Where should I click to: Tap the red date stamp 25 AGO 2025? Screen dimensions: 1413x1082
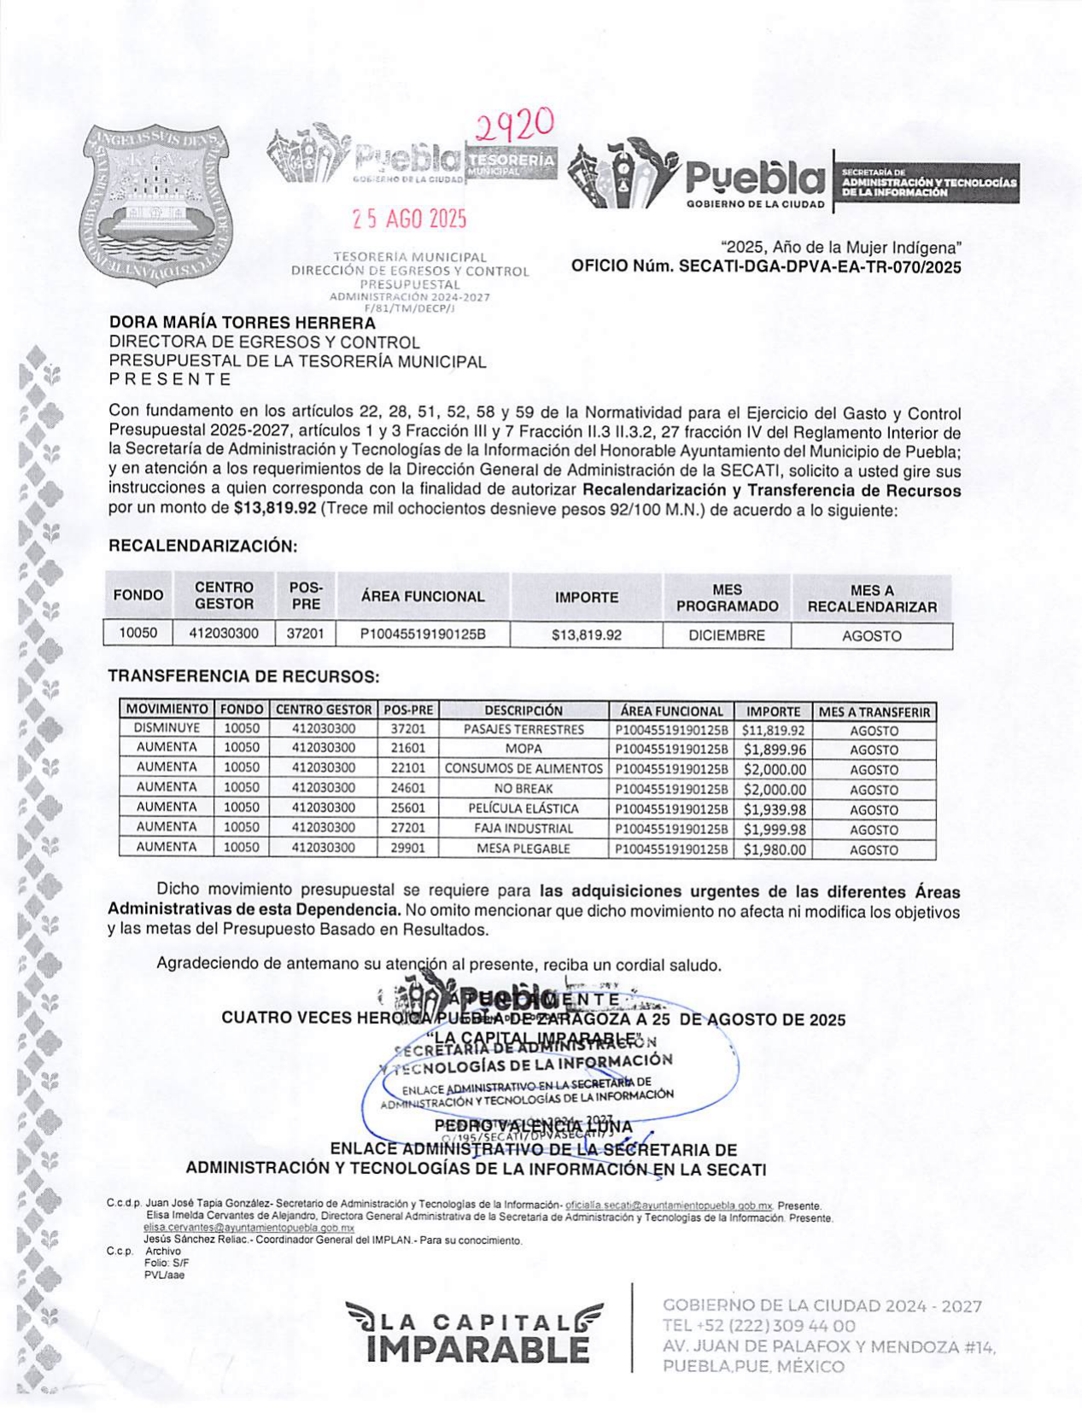point(410,219)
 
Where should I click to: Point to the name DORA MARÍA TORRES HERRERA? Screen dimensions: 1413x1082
point(242,323)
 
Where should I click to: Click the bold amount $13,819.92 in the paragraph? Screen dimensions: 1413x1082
point(274,510)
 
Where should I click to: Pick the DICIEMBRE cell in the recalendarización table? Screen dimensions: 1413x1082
point(727,635)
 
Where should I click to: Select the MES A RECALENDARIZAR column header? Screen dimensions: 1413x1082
point(872,598)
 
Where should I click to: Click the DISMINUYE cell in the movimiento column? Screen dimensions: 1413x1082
point(167,728)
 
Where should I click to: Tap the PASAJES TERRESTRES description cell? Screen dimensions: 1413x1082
point(523,729)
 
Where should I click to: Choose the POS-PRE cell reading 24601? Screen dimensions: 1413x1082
point(407,789)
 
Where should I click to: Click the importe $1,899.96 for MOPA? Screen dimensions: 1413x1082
point(774,750)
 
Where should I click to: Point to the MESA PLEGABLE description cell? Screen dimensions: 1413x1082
point(523,849)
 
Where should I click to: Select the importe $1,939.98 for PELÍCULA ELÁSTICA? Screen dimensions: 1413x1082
point(774,809)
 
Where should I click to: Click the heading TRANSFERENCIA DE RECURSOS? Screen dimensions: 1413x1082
point(243,676)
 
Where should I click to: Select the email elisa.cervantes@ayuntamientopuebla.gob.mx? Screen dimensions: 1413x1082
point(249,1227)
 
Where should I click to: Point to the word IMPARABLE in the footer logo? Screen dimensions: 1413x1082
point(477,1350)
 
